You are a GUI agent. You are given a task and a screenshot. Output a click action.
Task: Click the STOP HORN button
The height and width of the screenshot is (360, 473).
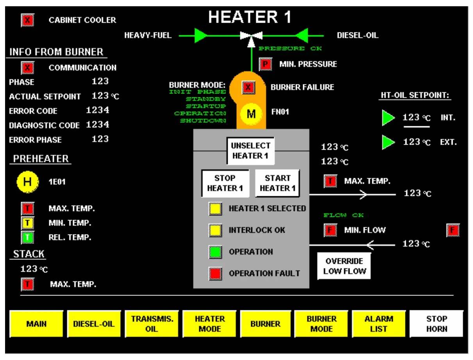(x=436, y=324)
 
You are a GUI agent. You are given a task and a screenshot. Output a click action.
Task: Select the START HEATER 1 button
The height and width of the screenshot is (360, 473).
(x=277, y=183)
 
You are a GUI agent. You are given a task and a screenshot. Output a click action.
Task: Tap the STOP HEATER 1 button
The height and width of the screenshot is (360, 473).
(x=225, y=183)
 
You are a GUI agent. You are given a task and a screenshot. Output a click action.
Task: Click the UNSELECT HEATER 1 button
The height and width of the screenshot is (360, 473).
(x=251, y=150)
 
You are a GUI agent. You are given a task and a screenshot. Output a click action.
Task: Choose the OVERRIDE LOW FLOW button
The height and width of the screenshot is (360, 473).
(x=344, y=266)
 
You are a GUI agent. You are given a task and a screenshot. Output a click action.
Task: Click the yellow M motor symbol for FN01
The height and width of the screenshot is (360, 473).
(x=251, y=114)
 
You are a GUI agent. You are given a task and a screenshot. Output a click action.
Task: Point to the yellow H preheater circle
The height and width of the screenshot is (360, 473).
(x=27, y=182)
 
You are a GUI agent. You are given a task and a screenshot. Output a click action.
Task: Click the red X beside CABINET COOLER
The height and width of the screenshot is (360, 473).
(x=27, y=20)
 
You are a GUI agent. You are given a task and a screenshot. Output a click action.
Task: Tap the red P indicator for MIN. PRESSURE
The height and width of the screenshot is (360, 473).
(x=265, y=64)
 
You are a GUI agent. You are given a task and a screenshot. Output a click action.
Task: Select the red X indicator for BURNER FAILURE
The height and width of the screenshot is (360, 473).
(x=248, y=87)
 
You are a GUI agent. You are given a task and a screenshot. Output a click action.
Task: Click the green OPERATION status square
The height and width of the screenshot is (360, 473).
(x=215, y=252)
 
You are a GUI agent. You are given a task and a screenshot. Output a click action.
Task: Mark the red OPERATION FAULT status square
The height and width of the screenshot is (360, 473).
(x=215, y=274)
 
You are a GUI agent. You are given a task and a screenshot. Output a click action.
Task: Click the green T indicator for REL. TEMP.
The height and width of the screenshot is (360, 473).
(x=27, y=237)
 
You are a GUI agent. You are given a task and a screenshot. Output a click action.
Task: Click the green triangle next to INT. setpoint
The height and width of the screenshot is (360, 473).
(x=388, y=118)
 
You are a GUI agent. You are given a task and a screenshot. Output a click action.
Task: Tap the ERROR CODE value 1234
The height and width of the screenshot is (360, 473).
(x=98, y=111)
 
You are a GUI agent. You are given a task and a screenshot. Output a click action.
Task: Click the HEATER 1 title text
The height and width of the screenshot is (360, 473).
(x=250, y=17)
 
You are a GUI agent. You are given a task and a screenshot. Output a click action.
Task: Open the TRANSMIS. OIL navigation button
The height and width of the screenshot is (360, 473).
(x=152, y=324)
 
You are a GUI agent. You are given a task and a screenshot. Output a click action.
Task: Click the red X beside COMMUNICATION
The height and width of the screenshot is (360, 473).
(x=27, y=68)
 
